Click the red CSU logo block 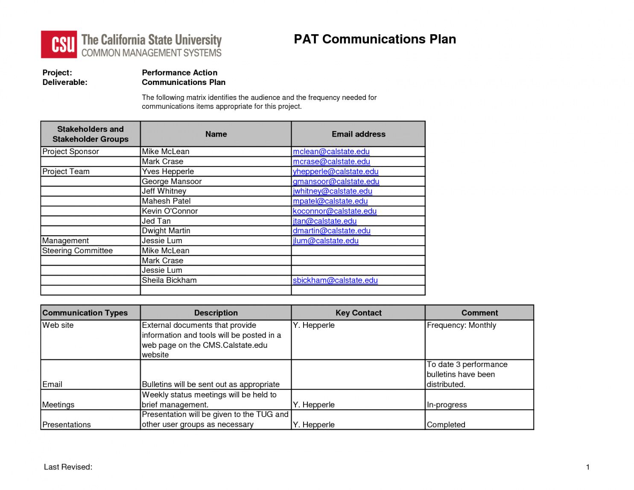pyautogui.click(x=59, y=44)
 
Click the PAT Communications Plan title pyautogui.click(x=374, y=39)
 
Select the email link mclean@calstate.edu pyautogui.click(x=331, y=152)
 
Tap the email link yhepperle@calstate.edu pyautogui.click(x=336, y=172)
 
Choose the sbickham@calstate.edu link pyautogui.click(x=335, y=280)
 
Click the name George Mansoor pyautogui.click(x=172, y=181)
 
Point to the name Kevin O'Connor pyautogui.click(x=169, y=211)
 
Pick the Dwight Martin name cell pyautogui.click(x=166, y=231)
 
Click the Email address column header pyautogui.click(x=358, y=134)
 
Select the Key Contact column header pyautogui.click(x=358, y=313)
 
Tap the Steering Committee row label pyautogui.click(x=77, y=251)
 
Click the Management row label pyautogui.click(x=65, y=241)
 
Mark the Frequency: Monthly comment pyautogui.click(x=461, y=325)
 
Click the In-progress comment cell pyautogui.click(x=447, y=405)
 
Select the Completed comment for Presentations pyautogui.click(x=446, y=425)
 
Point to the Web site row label pyautogui.click(x=58, y=325)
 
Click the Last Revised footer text pyautogui.click(x=68, y=467)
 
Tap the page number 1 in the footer pyautogui.click(x=587, y=467)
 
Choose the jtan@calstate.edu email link pyautogui.click(x=324, y=221)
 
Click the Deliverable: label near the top pyautogui.click(x=65, y=82)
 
